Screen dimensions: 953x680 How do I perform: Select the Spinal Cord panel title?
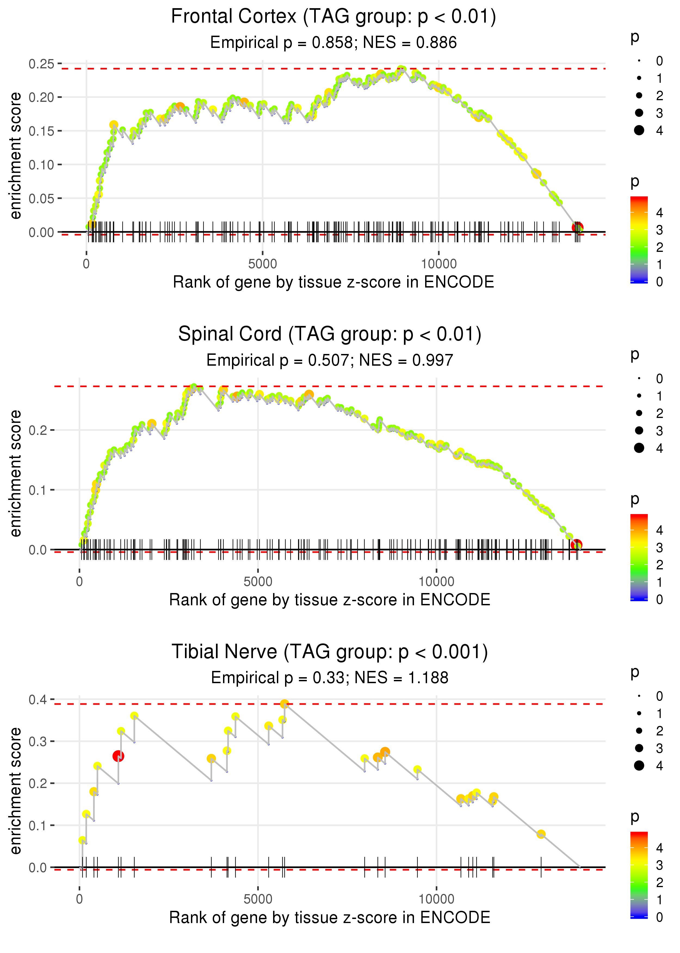pos(330,334)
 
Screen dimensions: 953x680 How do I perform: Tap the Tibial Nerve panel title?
pos(330,652)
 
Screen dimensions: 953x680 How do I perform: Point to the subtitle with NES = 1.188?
pos(330,678)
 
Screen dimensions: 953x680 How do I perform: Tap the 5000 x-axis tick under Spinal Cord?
pos(258,582)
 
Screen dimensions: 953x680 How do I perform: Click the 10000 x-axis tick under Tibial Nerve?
pos(436,899)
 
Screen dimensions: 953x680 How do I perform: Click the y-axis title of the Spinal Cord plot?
pos(16,473)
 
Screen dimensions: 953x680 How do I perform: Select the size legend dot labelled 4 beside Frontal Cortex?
pos(639,130)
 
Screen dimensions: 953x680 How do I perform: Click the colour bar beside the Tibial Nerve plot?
pos(639,875)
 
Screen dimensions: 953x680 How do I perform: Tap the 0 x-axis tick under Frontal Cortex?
pos(86,264)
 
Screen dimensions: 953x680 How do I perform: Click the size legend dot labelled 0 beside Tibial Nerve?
pos(639,696)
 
